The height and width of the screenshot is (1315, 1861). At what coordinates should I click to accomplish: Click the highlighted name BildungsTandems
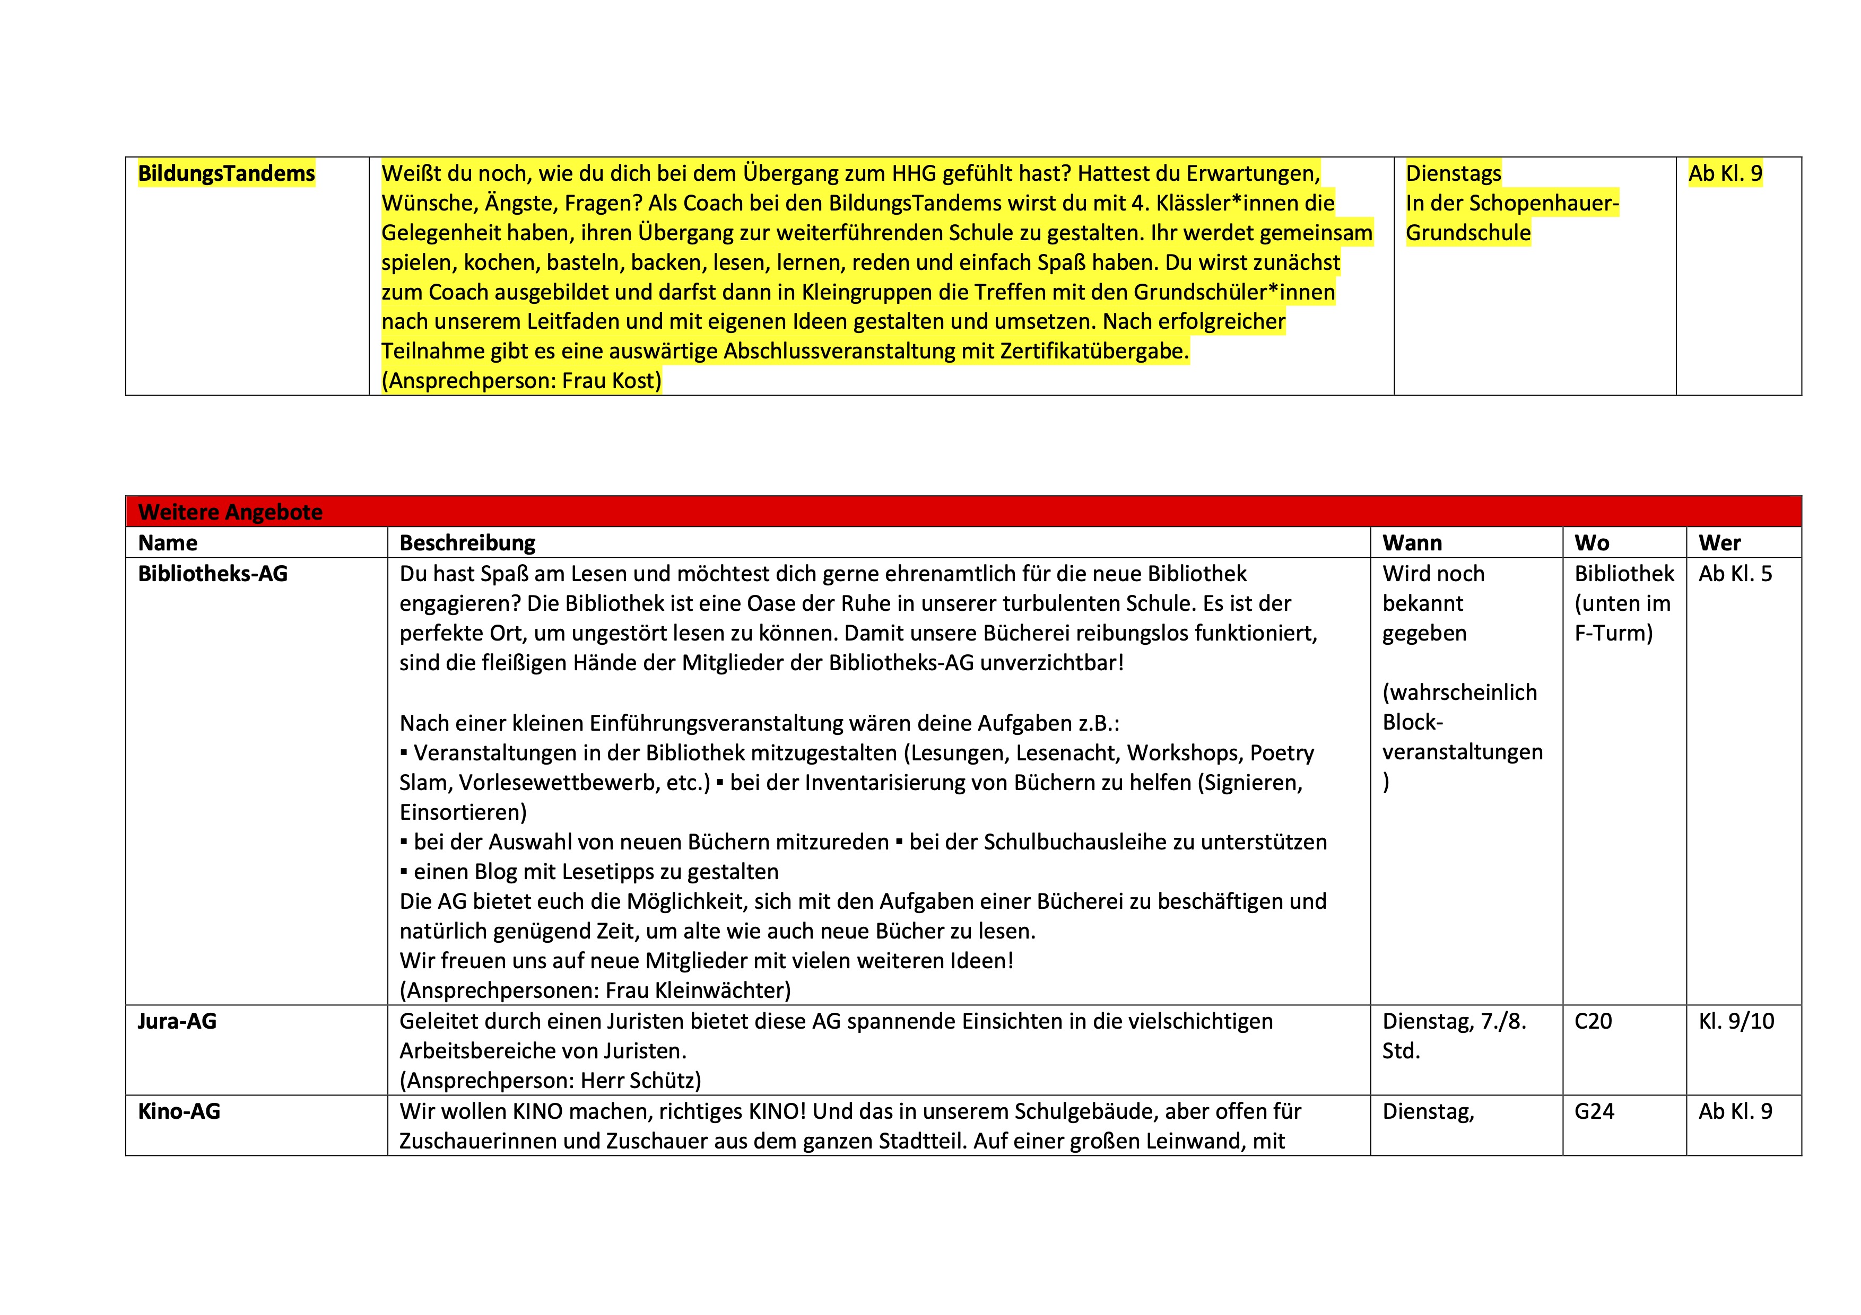tap(226, 173)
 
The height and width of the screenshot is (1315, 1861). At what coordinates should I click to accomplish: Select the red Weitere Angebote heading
tap(230, 512)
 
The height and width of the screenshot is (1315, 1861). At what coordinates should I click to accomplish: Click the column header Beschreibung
tap(468, 543)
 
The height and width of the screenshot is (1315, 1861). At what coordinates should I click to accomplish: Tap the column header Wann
tap(1412, 543)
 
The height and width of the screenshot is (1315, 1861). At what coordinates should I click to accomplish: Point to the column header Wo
tap(1592, 543)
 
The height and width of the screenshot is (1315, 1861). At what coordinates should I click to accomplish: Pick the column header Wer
tap(1719, 543)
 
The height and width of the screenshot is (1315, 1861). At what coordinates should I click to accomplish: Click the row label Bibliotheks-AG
tap(212, 574)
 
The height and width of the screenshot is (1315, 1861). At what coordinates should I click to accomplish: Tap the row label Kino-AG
tap(179, 1111)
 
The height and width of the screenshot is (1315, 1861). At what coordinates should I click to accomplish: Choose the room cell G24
tap(1594, 1111)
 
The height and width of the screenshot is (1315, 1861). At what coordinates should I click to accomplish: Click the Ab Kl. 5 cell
tap(1735, 574)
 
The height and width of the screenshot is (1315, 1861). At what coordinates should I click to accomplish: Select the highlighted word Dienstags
tap(1453, 173)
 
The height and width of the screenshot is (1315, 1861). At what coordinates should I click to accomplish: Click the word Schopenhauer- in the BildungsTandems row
tap(1546, 204)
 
